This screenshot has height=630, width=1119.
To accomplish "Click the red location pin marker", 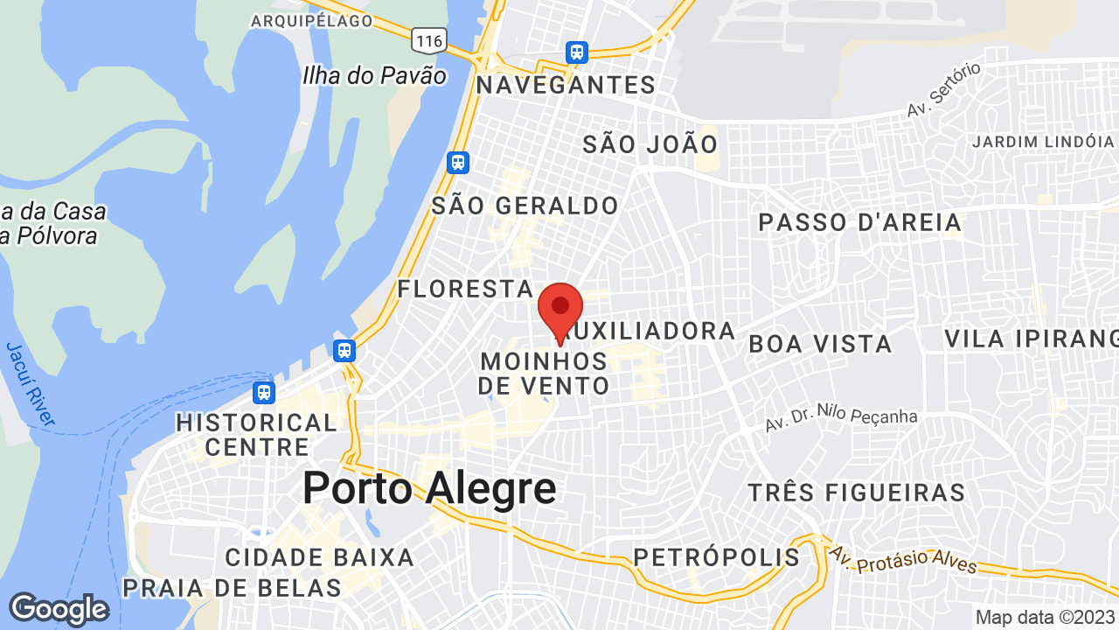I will click(x=560, y=308).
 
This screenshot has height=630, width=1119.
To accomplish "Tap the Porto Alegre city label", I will click(x=429, y=488).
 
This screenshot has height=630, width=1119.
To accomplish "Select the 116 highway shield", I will click(x=430, y=39).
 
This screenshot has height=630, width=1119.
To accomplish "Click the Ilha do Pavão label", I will click(x=374, y=75).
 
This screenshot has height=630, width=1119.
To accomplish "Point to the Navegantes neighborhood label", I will click(x=566, y=85).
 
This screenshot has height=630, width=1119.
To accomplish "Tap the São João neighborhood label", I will click(x=650, y=144).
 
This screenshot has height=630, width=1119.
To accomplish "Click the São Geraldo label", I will click(x=525, y=206).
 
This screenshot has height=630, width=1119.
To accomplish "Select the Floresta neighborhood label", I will click(x=465, y=289).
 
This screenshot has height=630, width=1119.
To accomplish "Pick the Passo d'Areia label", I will click(x=860, y=222).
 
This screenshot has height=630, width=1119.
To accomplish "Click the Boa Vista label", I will click(x=820, y=344).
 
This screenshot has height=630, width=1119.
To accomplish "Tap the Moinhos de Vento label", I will click(x=544, y=374).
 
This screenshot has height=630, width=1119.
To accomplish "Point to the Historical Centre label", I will click(x=256, y=435).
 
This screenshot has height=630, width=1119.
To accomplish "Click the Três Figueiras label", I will click(x=857, y=493).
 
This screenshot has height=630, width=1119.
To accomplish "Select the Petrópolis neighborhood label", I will click(x=716, y=557).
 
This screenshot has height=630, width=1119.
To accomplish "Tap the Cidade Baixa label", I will click(x=319, y=557).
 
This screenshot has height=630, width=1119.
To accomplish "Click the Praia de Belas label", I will click(x=232, y=588).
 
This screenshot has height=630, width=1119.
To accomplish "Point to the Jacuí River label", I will click(x=31, y=385).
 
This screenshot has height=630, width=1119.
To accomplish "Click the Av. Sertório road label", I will click(x=943, y=90).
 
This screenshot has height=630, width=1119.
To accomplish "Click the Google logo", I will click(x=58, y=609).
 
